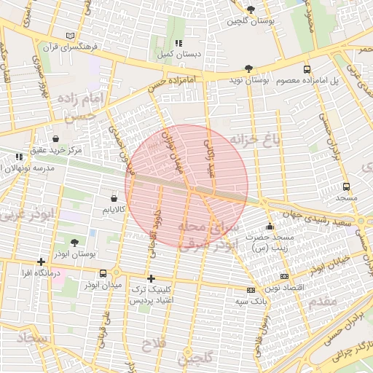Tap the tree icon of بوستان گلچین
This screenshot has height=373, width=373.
click(x=251, y=9)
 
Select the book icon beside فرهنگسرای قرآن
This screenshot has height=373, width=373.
click(x=70, y=36)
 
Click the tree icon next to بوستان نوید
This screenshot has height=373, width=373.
click(x=249, y=68)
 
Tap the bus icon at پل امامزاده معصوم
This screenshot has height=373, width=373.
click(x=306, y=68)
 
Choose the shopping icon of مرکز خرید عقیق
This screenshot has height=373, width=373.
click(x=56, y=138)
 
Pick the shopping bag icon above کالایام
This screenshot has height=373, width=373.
click(x=114, y=198)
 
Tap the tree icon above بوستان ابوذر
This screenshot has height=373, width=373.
click(x=74, y=243)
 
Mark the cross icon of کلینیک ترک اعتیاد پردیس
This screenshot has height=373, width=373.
click(x=151, y=278)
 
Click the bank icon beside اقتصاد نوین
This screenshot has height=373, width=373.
click(x=283, y=277)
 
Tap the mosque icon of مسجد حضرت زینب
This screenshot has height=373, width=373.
click(x=270, y=227)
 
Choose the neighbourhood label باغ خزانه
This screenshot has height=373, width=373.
click(x=256, y=139)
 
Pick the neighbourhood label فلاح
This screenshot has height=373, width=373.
click(x=155, y=342)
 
